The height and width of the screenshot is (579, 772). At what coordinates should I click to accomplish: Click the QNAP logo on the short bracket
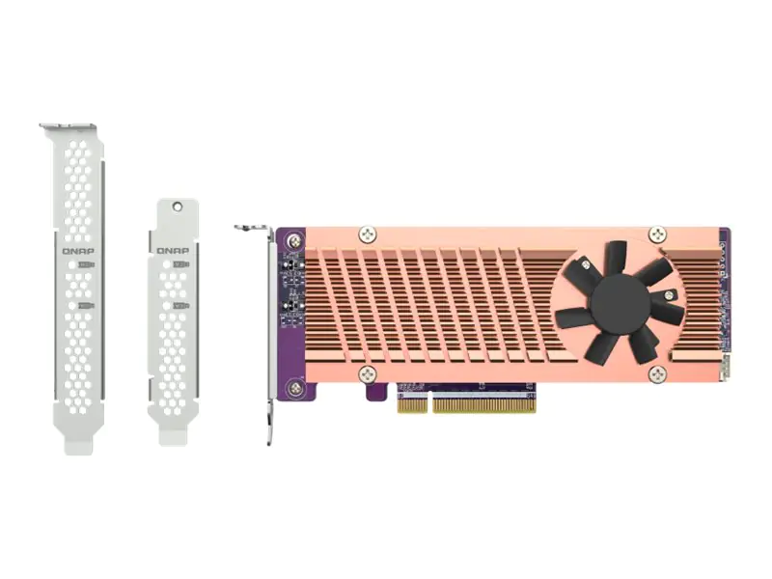173,249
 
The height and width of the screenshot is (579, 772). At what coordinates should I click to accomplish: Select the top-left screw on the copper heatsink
367,234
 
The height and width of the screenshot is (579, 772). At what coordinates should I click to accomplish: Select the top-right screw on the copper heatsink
657,234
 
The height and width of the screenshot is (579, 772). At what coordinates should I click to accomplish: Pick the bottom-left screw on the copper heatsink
367,373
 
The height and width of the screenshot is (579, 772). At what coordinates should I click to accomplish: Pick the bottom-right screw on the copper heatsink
657,373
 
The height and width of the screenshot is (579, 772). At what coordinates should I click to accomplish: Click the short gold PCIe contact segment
410,404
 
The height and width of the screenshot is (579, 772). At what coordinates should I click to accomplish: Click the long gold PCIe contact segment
483,404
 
